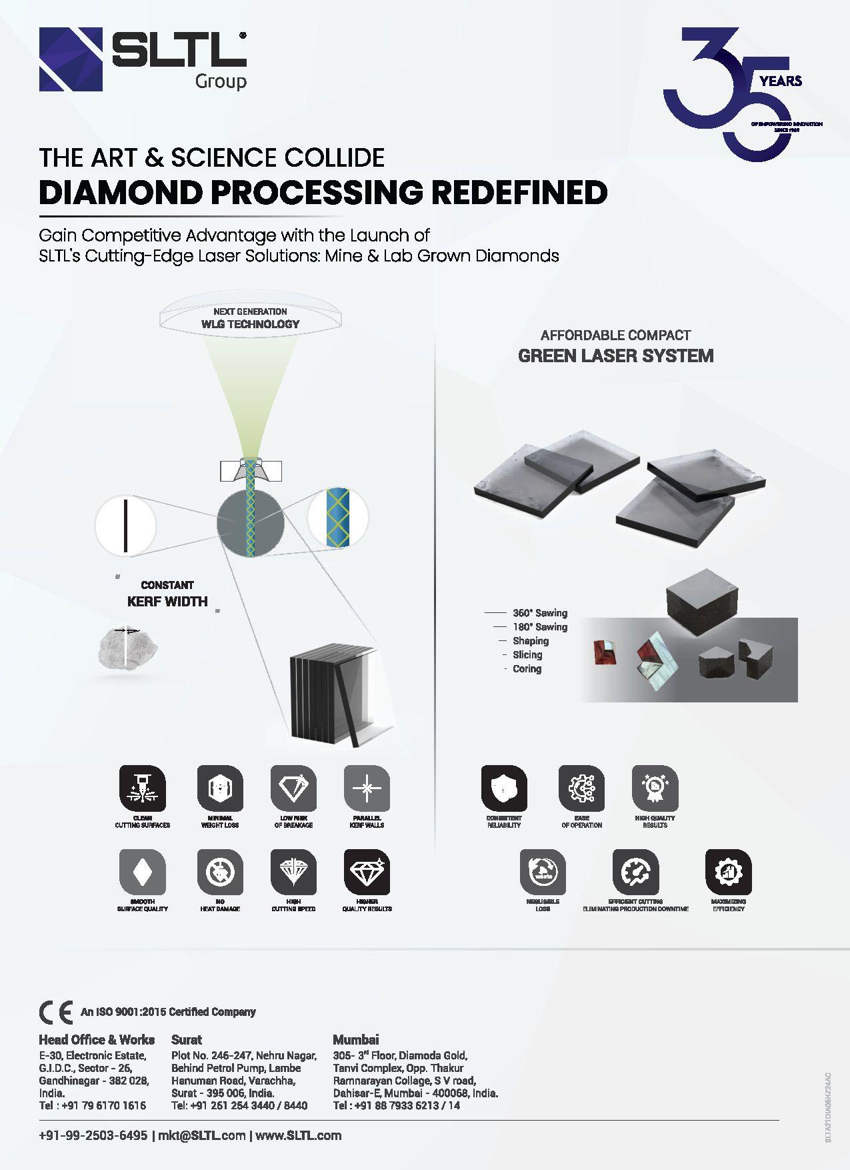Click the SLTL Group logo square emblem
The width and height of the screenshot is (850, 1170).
[x=71, y=59]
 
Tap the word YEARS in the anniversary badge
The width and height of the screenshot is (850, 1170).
[x=781, y=81]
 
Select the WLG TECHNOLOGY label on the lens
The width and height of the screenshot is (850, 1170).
[x=250, y=324]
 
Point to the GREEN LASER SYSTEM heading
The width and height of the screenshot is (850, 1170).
[x=615, y=356]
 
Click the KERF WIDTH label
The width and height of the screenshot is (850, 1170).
[x=167, y=601]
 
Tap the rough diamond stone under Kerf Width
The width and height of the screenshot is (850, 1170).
[x=128, y=646]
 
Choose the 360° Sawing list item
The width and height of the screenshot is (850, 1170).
[x=539, y=612]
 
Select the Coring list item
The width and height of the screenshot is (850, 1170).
[x=527, y=668]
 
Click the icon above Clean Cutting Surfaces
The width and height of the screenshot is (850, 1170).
[x=142, y=788]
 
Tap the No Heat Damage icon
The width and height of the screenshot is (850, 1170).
[x=220, y=872]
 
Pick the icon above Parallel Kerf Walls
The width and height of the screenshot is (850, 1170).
[x=366, y=788]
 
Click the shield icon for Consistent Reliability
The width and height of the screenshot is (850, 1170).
[x=504, y=788]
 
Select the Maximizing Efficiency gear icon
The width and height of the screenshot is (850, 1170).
[x=728, y=872]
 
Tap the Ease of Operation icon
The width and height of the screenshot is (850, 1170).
[x=581, y=788]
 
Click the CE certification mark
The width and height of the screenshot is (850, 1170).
[x=56, y=1013]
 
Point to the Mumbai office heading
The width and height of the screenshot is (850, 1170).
[x=356, y=1039]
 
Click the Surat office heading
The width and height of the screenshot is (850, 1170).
[x=187, y=1039]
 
